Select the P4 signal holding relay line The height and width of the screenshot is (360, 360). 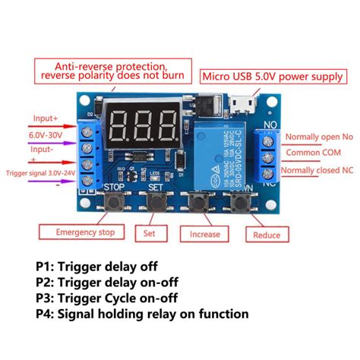point(141,312)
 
